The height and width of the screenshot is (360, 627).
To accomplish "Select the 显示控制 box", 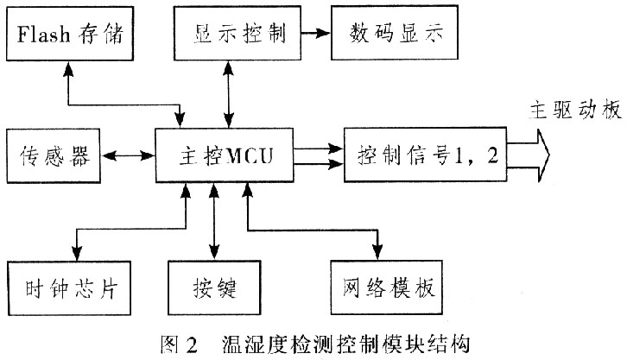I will point(229,35).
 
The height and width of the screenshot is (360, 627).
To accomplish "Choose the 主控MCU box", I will point(224,156).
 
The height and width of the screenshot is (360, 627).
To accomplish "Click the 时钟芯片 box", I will point(68,287).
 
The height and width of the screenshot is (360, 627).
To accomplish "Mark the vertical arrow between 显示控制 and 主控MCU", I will point(229,95).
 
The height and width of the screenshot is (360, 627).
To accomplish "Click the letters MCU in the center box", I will point(250,156).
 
